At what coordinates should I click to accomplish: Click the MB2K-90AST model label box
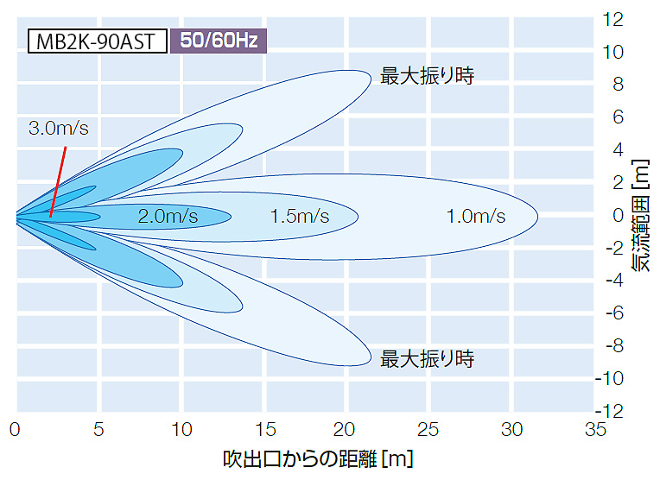[97, 41]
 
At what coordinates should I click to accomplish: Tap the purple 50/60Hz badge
[218, 41]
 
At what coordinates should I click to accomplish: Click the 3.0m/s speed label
[59, 129]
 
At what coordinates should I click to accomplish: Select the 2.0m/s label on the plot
[168, 216]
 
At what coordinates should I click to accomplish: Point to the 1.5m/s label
[300, 216]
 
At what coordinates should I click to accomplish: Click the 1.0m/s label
[475, 216]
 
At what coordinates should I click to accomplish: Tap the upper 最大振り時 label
[427, 76]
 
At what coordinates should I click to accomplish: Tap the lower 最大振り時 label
[427, 358]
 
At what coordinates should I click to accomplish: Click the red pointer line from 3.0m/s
[59, 177]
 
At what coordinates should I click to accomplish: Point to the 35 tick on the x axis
[595, 429]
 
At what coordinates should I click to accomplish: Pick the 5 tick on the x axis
[98, 429]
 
